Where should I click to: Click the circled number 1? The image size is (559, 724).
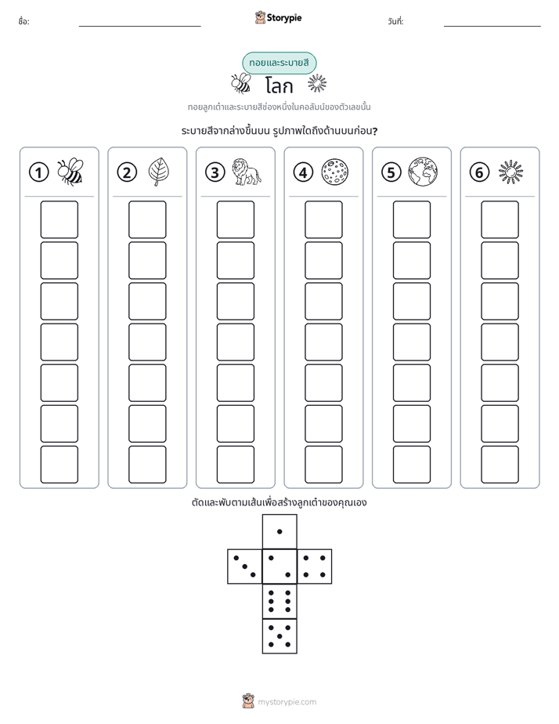click(x=38, y=172)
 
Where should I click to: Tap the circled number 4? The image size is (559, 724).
click(x=303, y=172)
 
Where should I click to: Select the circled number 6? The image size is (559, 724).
click(x=479, y=172)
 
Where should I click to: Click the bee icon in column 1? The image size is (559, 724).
click(x=70, y=172)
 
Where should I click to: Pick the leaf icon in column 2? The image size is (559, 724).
click(x=159, y=172)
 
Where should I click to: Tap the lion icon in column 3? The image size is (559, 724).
click(x=247, y=172)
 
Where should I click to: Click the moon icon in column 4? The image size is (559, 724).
click(x=335, y=172)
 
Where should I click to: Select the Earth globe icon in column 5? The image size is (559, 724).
click(x=423, y=172)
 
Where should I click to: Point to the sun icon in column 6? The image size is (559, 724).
click(x=511, y=172)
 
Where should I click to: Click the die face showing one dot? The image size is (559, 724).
click(x=279, y=532)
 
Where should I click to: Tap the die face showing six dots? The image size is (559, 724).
click(x=279, y=601)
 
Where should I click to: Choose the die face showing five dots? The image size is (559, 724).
click(x=279, y=636)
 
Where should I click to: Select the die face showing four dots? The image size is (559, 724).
click(x=315, y=567)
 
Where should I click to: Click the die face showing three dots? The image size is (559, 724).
click(x=245, y=567)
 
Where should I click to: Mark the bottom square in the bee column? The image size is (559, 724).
click(x=59, y=465)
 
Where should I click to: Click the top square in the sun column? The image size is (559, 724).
click(x=499, y=219)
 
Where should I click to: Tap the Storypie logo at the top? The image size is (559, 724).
click(x=278, y=18)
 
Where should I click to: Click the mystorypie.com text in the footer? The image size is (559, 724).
click(x=287, y=702)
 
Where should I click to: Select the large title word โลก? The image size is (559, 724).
click(x=279, y=86)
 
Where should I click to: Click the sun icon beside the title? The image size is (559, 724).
click(x=317, y=83)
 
